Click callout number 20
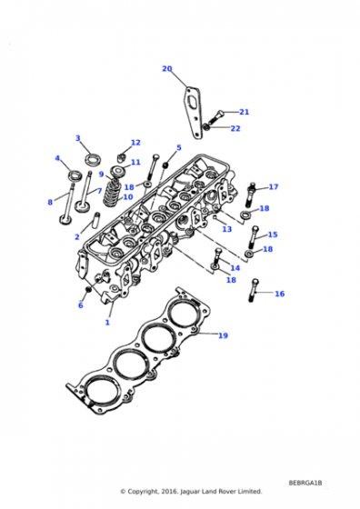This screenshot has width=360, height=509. point(167,69)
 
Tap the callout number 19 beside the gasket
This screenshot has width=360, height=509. point(223,335)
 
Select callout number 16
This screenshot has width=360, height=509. point(279,294)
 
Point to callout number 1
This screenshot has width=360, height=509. point(107,323)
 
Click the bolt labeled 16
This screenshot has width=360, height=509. point(254,291)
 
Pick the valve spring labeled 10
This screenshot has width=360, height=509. point(113,192)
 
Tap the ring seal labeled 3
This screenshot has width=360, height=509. point(93,159)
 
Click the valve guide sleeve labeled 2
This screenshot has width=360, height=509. point(96,220)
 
